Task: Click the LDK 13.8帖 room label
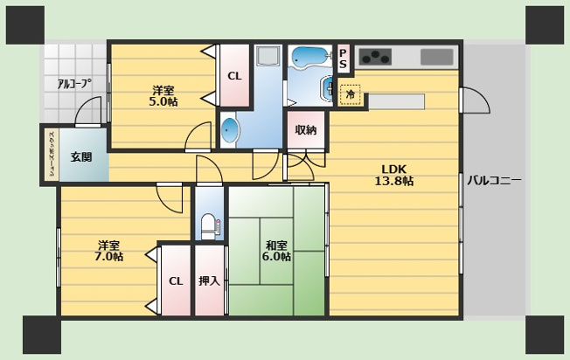(x=394, y=175)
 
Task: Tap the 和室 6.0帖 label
(x=276, y=251)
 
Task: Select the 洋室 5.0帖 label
(x=163, y=96)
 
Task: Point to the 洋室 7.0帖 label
(x=108, y=251)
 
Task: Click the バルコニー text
(x=495, y=180)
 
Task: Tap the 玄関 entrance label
(x=81, y=157)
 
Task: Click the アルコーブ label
(x=74, y=84)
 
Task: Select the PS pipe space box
(x=344, y=59)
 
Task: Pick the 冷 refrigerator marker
(x=351, y=94)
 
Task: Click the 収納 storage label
(x=306, y=129)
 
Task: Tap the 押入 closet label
(x=210, y=280)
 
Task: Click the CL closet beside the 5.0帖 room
(x=234, y=76)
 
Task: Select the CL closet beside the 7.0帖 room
(x=176, y=280)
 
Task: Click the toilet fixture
(x=208, y=226)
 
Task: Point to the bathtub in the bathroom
(x=308, y=58)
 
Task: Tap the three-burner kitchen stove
(x=375, y=57)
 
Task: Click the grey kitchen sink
(x=437, y=57)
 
